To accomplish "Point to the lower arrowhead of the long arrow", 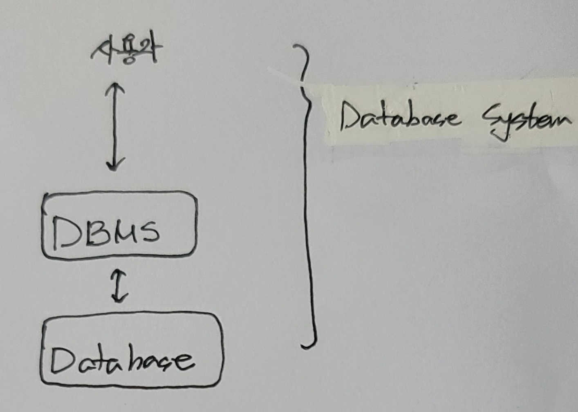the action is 114,166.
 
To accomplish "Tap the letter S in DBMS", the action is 148,231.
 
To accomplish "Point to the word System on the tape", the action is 525,121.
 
